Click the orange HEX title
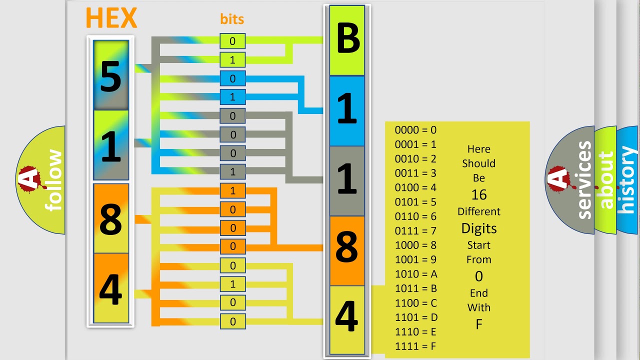[x=111, y=18]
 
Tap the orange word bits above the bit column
[x=232, y=19]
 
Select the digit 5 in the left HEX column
[x=111, y=77]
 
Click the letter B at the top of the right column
[x=347, y=38]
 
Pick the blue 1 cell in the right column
[x=347, y=111]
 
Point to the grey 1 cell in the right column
[x=347, y=181]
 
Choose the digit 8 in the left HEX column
[x=111, y=219]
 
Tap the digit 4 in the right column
[x=346, y=317]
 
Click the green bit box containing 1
[x=232, y=60]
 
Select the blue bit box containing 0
[x=232, y=78]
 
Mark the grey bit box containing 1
[x=232, y=171]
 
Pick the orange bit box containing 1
[x=232, y=190]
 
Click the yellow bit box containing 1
[x=232, y=284]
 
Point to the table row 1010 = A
[x=416, y=274]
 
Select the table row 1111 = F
[x=415, y=346]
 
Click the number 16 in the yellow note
[x=479, y=195]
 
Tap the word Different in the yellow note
[x=479, y=211]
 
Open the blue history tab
[x=627, y=180]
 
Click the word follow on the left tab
[x=53, y=180]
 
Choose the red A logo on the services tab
[x=558, y=179]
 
